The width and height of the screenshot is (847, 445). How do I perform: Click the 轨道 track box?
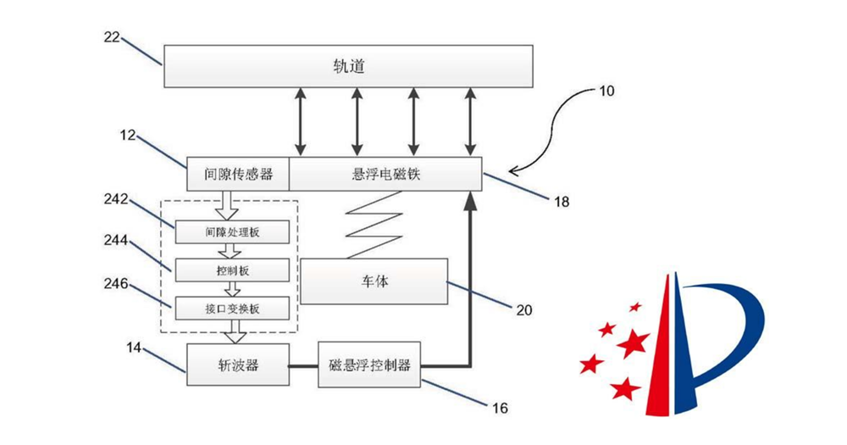click(347, 66)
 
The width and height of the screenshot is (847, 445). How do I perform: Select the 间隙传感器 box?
click(238, 175)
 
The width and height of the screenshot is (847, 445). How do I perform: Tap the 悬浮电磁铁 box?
click(385, 175)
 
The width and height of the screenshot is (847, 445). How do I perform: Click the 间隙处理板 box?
click(232, 231)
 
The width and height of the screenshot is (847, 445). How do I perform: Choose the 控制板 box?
click(232, 270)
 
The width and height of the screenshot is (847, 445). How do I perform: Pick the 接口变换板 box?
click(232, 308)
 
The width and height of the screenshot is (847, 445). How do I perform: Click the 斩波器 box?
click(238, 365)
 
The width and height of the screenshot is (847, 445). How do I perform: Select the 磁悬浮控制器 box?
click(369, 365)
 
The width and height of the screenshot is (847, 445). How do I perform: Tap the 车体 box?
click(374, 281)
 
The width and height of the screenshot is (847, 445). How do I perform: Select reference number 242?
click(114, 199)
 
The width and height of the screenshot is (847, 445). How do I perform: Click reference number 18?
click(562, 202)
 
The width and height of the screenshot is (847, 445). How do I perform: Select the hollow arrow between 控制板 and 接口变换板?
click(232, 289)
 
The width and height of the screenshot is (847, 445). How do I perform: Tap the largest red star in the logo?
click(632, 343)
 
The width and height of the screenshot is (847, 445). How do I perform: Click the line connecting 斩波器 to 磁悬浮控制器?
click(304, 365)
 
